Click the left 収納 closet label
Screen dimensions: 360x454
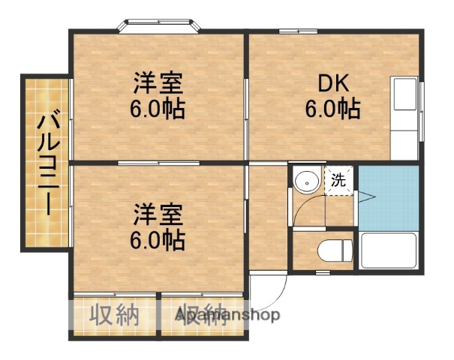(x=115, y=316)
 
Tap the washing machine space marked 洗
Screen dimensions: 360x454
(x=339, y=179)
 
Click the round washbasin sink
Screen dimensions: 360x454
(x=306, y=181)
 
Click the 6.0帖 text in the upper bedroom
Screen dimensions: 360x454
(x=158, y=109)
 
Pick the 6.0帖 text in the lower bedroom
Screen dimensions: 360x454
(x=158, y=240)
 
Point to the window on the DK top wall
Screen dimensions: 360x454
(x=289, y=31)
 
